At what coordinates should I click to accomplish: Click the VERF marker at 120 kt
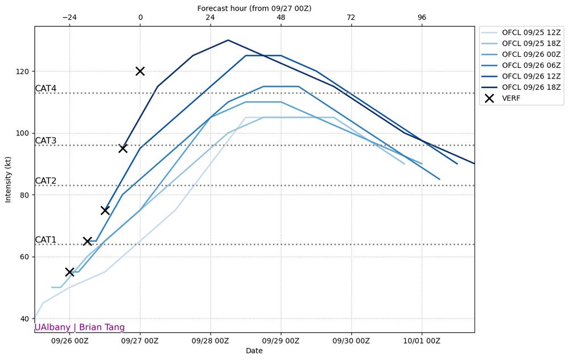(x=140, y=71)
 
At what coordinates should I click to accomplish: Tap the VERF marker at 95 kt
(x=122, y=148)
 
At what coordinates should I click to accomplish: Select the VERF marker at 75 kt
(x=105, y=210)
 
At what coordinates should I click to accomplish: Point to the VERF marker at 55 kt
(x=69, y=272)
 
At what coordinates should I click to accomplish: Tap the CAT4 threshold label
(x=46, y=89)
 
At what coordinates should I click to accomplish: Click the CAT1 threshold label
(x=46, y=240)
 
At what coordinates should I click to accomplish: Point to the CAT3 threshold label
(x=46, y=141)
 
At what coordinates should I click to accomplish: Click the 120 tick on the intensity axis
(x=23, y=71)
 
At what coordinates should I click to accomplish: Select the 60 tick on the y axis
(x=25, y=256)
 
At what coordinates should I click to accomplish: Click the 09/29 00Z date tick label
(x=281, y=341)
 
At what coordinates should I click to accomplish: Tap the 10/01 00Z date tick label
(x=422, y=341)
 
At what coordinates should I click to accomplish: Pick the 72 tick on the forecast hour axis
(x=351, y=18)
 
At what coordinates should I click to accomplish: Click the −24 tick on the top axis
(x=69, y=18)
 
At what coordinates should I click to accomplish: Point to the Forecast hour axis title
(x=254, y=8)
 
